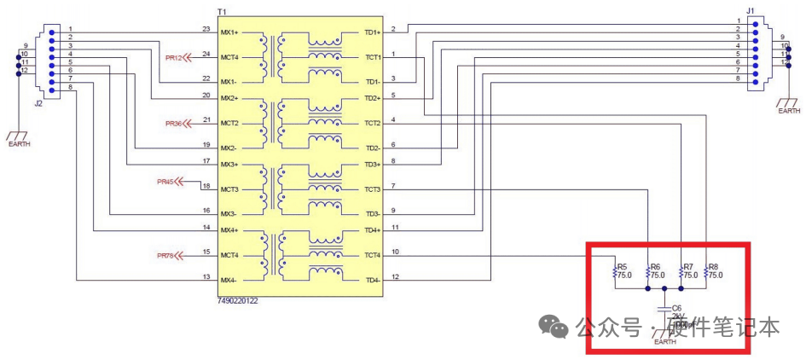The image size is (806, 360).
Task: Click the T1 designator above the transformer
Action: pos(222,11)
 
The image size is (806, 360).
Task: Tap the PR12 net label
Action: pos(174,57)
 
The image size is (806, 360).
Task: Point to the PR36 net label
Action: pos(174,124)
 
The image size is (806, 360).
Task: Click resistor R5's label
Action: pos(622,266)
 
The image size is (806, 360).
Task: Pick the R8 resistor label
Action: pos(714,266)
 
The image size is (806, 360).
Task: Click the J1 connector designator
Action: pos(751,11)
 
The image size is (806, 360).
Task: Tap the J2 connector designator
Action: pos(38,102)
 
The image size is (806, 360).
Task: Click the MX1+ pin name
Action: pos(229,32)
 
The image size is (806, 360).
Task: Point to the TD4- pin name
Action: pos(372,280)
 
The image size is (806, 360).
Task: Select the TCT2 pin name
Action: pos(372,123)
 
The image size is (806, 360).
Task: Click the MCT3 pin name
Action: pos(230,189)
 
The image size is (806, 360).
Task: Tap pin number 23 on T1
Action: pos(206,28)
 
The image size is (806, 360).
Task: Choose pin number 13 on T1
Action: pos(206,276)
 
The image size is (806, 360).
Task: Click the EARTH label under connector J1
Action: pos(789,111)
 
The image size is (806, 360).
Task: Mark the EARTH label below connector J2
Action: pos(18,144)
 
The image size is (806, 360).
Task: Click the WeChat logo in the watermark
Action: pos(557,327)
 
